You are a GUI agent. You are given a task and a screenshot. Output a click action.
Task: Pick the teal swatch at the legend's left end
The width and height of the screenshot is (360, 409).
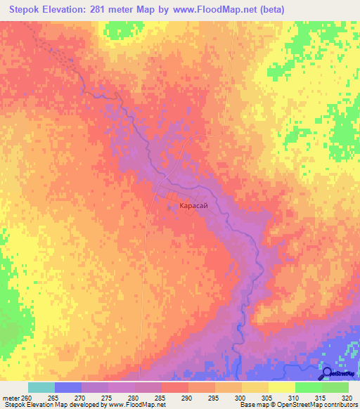click(41, 387)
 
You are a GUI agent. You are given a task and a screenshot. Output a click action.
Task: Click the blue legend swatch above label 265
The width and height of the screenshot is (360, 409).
click(67, 387)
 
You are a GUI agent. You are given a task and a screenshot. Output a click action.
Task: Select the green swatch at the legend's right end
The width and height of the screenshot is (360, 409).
click(335, 387)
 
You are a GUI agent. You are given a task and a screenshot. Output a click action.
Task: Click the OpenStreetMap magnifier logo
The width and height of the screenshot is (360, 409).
click(326, 373)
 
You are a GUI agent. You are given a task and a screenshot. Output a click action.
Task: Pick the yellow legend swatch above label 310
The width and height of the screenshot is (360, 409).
click(281, 387)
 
